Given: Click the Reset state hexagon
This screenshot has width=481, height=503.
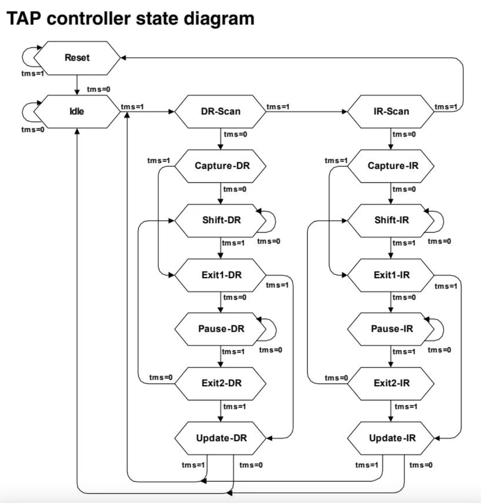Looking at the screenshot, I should coord(77,58).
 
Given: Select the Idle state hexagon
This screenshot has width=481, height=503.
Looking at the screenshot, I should coord(77,111).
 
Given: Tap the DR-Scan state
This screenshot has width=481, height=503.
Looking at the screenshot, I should coord(220,111).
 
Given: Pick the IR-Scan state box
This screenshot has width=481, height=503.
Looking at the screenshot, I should coord(391,111).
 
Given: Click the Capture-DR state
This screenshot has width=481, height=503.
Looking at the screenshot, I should coord(222,166).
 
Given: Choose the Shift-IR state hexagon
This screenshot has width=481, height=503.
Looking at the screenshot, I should coord(391,220).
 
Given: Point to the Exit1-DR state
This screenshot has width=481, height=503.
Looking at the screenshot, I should coord(221,275).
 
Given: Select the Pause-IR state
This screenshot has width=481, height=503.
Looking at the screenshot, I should coord(392,329).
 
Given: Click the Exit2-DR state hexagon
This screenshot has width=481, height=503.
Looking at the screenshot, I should coord(221,383).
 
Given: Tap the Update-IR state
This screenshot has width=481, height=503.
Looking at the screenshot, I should coord(392,438).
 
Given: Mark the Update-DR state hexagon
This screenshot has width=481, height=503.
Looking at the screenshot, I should coord(221,438).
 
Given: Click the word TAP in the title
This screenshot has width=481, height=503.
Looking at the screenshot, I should coord(24,19).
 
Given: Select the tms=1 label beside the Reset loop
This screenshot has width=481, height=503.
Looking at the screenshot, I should coord(32,73).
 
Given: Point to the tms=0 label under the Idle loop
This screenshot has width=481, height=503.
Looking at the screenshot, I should coord(32,129).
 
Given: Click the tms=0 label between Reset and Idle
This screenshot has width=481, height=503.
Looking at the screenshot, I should coord(98,89).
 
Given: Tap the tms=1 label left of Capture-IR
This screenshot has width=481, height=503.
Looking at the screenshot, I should coord(336,161).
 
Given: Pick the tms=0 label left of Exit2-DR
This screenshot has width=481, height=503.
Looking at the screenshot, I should coord(161,378).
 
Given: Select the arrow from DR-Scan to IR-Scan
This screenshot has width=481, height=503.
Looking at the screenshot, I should coord(307,111).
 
